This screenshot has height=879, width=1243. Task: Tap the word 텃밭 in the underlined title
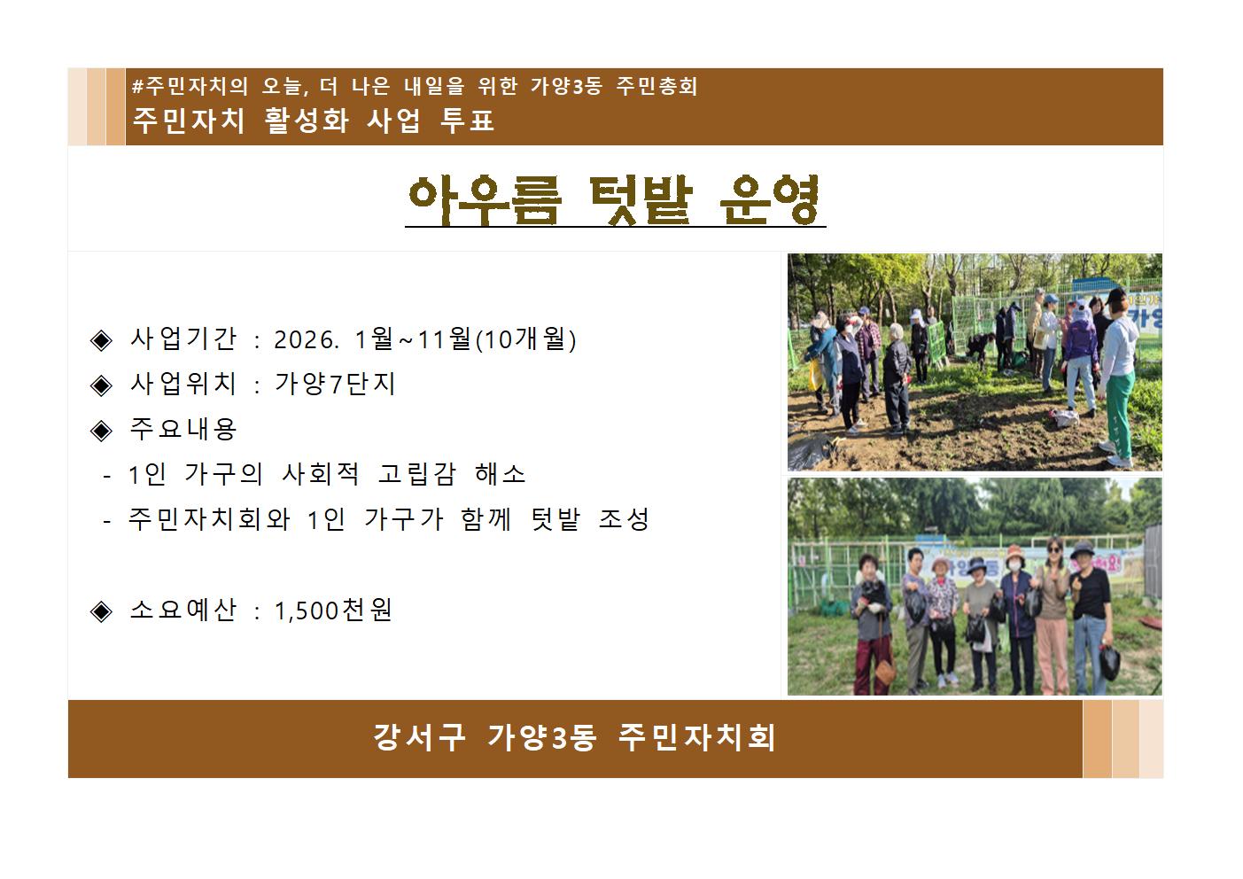(x=641, y=199)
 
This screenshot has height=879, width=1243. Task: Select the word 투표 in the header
(x=467, y=120)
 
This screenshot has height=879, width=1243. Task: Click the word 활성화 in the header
(x=307, y=120)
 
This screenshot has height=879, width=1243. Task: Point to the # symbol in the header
(x=137, y=87)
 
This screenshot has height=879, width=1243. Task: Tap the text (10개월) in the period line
(x=526, y=338)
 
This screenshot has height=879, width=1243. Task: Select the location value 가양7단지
(x=335, y=384)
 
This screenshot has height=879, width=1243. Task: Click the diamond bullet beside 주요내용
(x=101, y=431)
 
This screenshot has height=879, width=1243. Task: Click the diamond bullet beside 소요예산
(x=101, y=611)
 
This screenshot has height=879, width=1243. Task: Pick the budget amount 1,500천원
(x=333, y=611)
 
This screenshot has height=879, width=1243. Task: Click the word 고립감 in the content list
(x=416, y=474)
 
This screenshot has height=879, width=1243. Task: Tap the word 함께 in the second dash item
(x=486, y=519)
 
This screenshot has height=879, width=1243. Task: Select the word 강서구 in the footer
(x=419, y=737)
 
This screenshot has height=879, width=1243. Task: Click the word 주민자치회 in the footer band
(x=696, y=737)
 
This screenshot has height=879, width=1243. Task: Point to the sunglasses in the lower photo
(x=1053, y=548)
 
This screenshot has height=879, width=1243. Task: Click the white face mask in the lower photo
(x=1014, y=566)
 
